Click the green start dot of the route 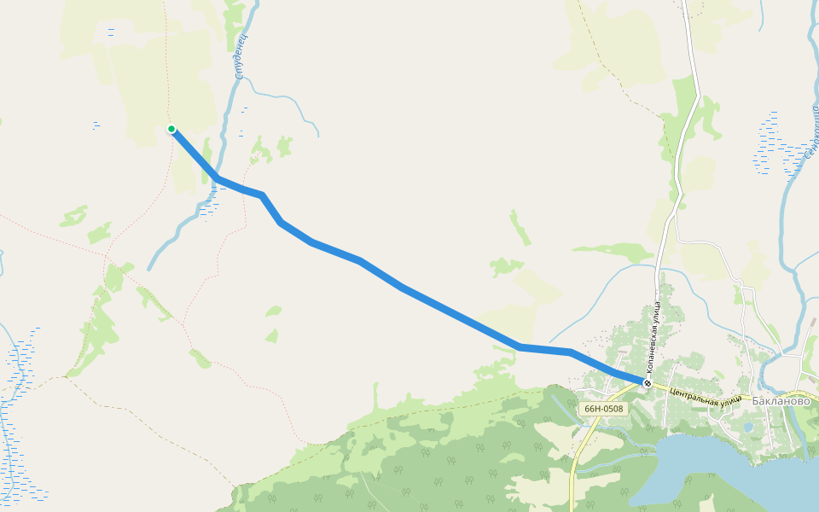point(171,129)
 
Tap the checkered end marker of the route point(648,383)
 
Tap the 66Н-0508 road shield point(603,409)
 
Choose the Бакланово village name point(781,399)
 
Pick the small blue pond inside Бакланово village point(748,427)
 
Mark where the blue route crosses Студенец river point(217,177)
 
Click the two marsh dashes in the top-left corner point(111,32)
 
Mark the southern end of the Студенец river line point(149,269)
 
